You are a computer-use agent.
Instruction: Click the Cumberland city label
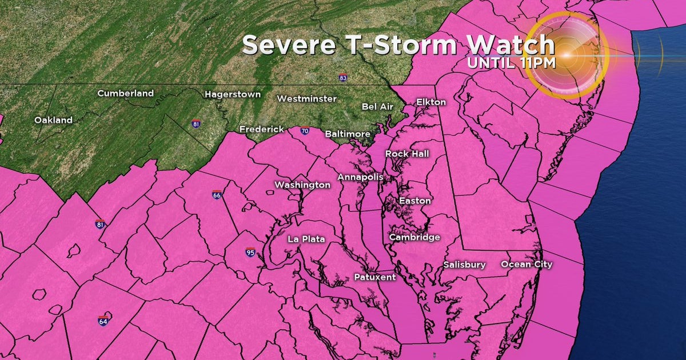pyautogui.click(x=125, y=93)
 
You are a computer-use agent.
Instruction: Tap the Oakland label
pyautogui.click(x=53, y=120)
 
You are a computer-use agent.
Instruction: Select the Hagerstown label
pyautogui.click(x=233, y=94)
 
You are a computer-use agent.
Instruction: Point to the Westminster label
pyautogui.click(x=306, y=99)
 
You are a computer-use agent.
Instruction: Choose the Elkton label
pyautogui.click(x=430, y=102)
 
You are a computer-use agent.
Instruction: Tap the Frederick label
pyautogui.click(x=261, y=129)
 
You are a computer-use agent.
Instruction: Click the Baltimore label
pyautogui.click(x=348, y=134)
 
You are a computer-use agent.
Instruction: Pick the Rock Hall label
pyautogui.click(x=406, y=154)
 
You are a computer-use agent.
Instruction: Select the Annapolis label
pyautogui.click(x=360, y=177)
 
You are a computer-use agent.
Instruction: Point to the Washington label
pyautogui.click(x=302, y=185)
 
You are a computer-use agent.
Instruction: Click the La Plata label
pyautogui.click(x=306, y=239)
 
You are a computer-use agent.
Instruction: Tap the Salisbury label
pyautogui.click(x=464, y=265)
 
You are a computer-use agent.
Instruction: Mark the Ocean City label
pyautogui.click(x=527, y=264)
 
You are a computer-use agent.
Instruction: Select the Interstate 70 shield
pyautogui.click(x=305, y=131)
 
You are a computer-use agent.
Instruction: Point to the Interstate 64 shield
pyautogui.click(x=103, y=321)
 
